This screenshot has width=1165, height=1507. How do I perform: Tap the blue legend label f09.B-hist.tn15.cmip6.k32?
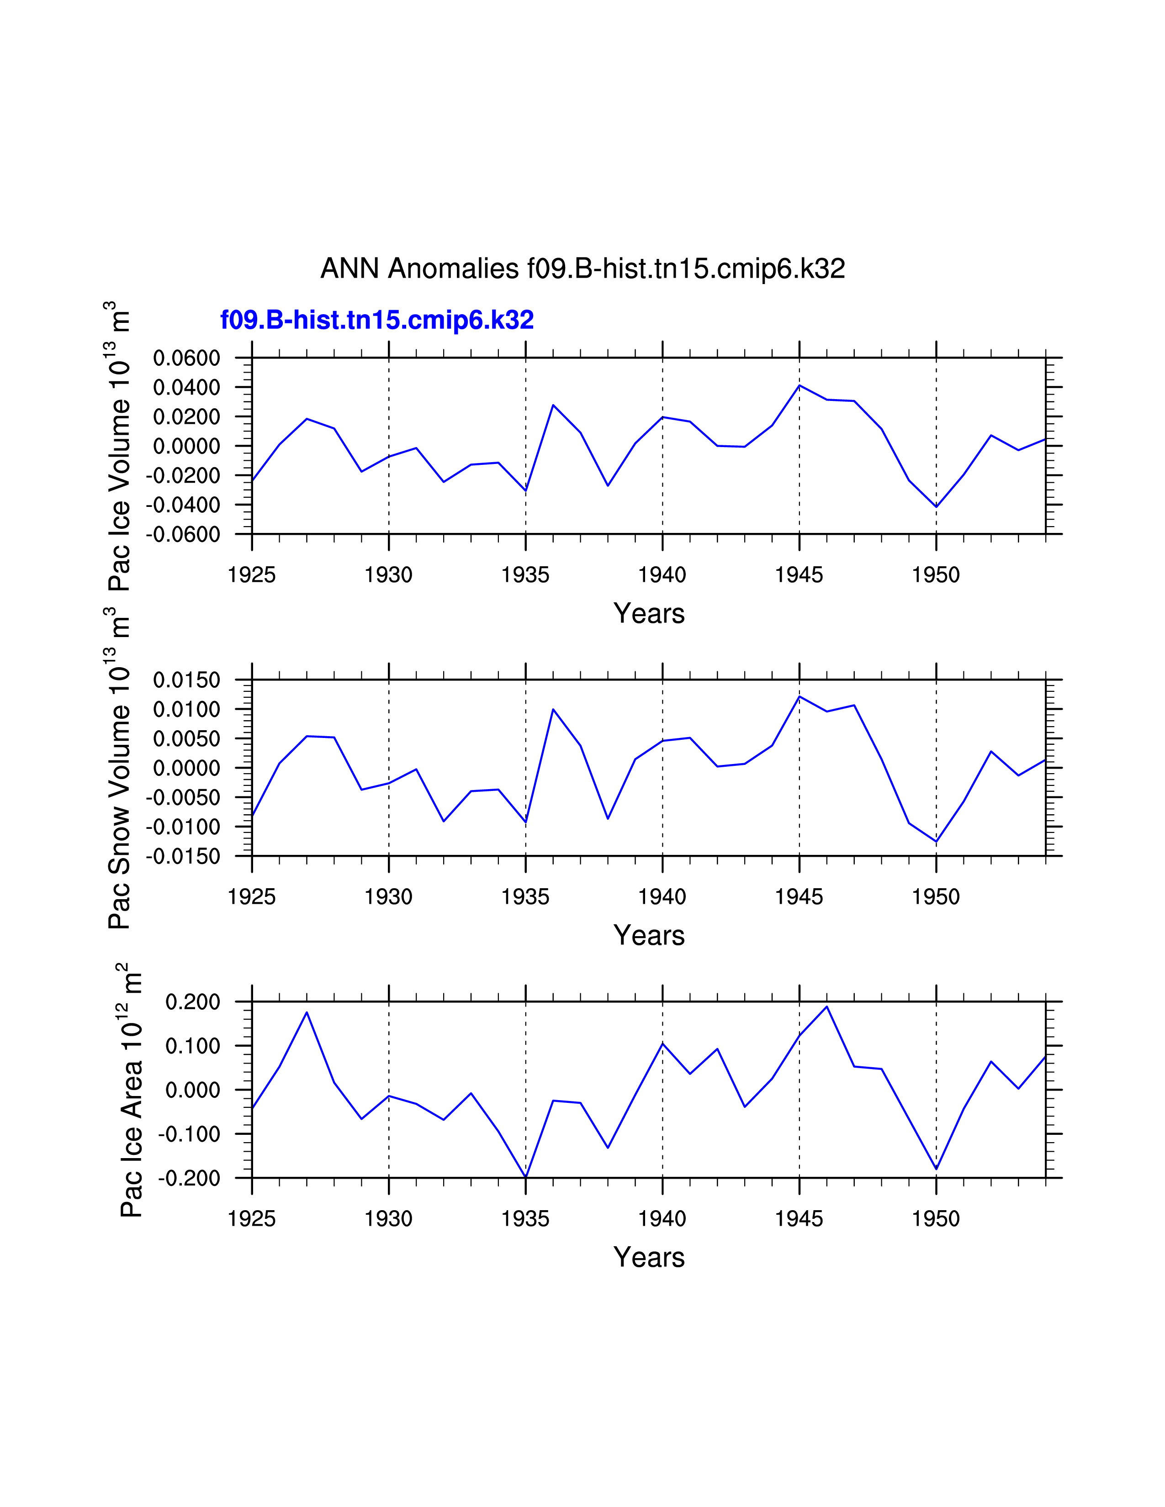point(377,320)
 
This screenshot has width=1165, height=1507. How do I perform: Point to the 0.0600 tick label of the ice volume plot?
point(186,358)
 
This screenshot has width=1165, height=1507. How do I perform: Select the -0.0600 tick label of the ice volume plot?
point(183,534)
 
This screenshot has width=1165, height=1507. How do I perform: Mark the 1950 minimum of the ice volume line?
point(937,506)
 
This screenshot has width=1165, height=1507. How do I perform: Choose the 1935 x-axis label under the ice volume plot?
point(525,575)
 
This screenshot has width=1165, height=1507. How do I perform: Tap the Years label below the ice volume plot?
point(649,613)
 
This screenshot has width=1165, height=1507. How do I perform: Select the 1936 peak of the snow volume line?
point(553,709)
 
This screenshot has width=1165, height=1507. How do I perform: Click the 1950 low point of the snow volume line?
point(937,841)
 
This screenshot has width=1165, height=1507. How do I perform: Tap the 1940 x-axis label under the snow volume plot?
point(662,896)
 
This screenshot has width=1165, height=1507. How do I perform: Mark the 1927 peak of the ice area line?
point(307,1012)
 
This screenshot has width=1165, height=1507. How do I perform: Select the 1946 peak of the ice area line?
point(827,1007)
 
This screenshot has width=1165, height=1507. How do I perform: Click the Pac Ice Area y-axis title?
point(130,1090)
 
